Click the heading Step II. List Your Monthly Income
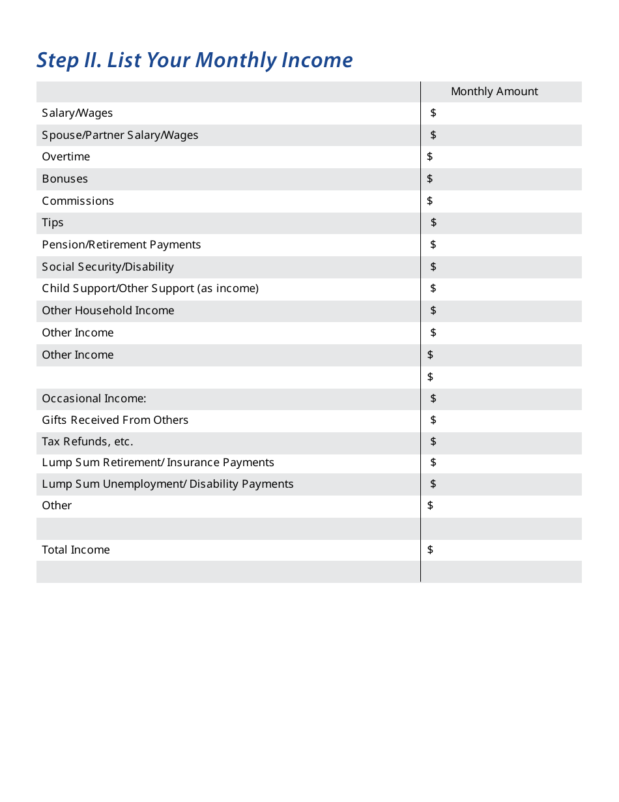(194, 60)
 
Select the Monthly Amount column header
(494, 91)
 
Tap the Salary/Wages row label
(77, 113)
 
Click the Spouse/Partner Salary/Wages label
(120, 135)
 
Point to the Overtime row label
(66, 157)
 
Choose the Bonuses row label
(65, 179)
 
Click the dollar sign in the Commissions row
(430, 201)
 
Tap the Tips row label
(53, 223)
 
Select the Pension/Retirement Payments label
(121, 245)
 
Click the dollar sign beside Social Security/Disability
(433, 267)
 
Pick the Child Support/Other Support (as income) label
(150, 288)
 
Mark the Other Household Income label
(108, 310)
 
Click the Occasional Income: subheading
(94, 398)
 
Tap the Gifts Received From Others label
(115, 420)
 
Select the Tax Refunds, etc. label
(87, 441)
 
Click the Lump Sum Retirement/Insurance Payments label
(158, 463)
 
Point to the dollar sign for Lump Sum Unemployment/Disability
(433, 484)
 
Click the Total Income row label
(76, 550)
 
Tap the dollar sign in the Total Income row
(430, 550)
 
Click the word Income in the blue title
(317, 60)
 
